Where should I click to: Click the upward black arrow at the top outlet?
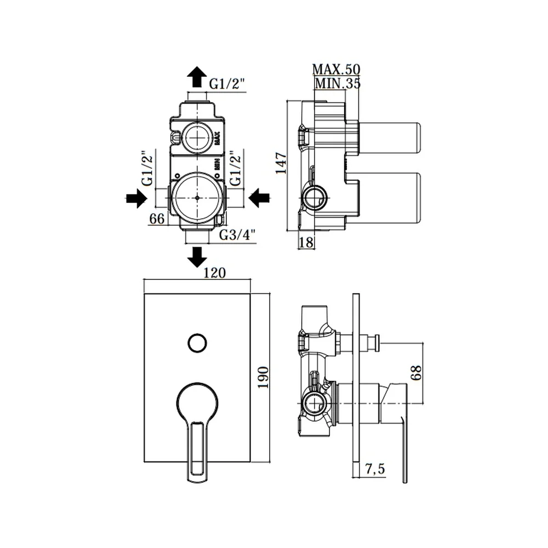pyautogui.click(x=197, y=77)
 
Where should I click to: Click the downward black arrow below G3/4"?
pyautogui.click(x=197, y=257)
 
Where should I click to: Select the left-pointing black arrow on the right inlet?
pyautogui.click(x=259, y=198)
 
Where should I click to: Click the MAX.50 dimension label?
pyautogui.click(x=336, y=69)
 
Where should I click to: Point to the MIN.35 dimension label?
pyautogui.click(x=338, y=83)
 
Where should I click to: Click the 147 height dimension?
pyautogui.click(x=281, y=163)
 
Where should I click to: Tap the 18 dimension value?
pyautogui.click(x=306, y=242)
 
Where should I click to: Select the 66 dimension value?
pyautogui.click(x=157, y=219)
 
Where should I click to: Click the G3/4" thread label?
pyautogui.click(x=237, y=235)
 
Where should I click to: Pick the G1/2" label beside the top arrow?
pyautogui.click(x=227, y=84)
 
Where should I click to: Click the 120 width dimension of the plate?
pyautogui.click(x=214, y=272)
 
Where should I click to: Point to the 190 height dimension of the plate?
pyautogui.click(x=263, y=377)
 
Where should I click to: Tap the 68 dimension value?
pyautogui.click(x=416, y=373)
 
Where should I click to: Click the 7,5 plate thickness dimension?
pyautogui.click(x=375, y=469)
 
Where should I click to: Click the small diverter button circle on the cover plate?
pyautogui.click(x=197, y=343)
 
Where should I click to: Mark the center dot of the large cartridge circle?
pyautogui.click(x=197, y=198)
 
